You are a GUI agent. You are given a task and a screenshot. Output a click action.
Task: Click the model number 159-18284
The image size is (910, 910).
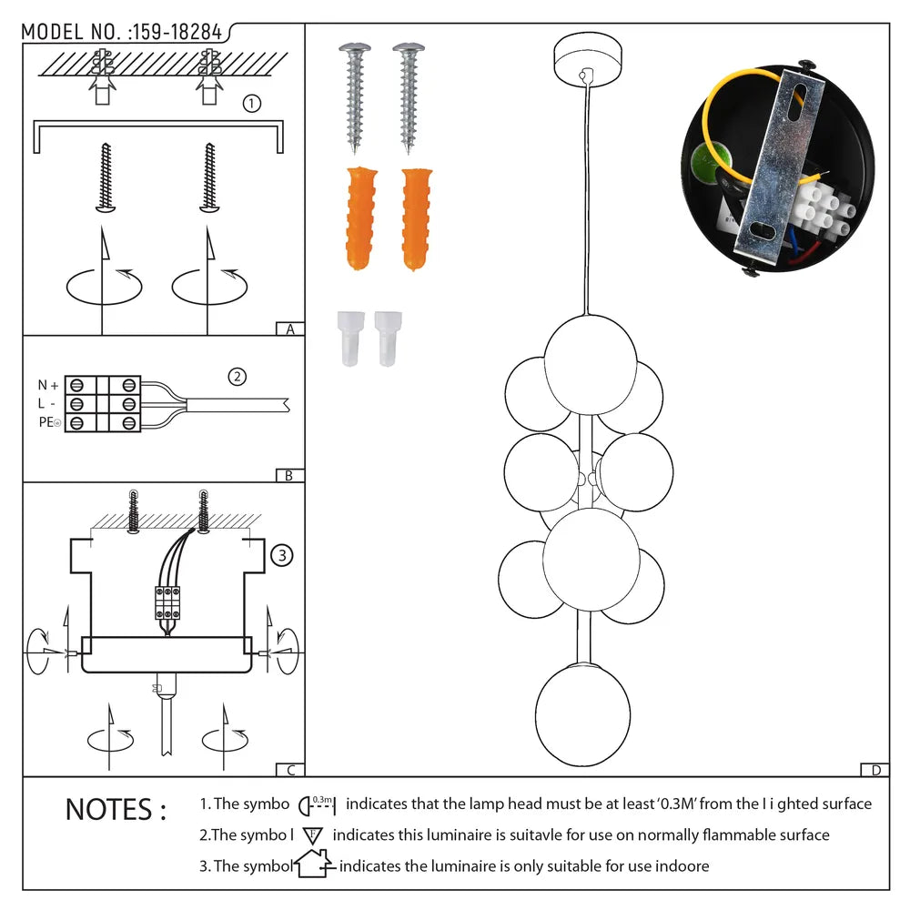click(x=177, y=32)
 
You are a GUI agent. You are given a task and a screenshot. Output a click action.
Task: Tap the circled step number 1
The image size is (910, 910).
click(x=252, y=104)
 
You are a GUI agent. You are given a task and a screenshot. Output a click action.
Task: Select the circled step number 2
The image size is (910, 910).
click(x=237, y=376)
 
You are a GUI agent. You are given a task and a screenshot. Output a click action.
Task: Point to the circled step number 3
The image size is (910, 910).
click(x=282, y=554)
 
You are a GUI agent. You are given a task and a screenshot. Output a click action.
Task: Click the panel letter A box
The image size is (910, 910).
click(x=289, y=329)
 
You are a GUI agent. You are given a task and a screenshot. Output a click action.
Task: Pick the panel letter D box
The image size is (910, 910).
click(x=875, y=770)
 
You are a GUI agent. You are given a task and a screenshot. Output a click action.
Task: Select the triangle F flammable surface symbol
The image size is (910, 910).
click(x=313, y=834)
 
